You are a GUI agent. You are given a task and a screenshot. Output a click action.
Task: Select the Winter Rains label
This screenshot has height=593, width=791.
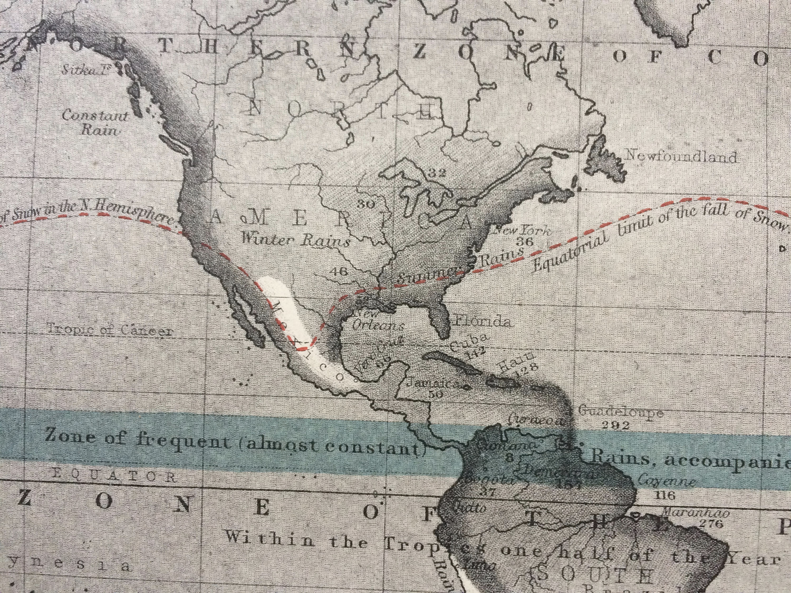click(295, 240)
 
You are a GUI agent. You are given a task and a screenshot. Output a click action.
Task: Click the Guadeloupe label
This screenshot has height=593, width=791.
click(620, 412)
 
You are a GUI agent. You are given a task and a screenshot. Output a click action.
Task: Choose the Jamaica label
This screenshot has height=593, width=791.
click(433, 383)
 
